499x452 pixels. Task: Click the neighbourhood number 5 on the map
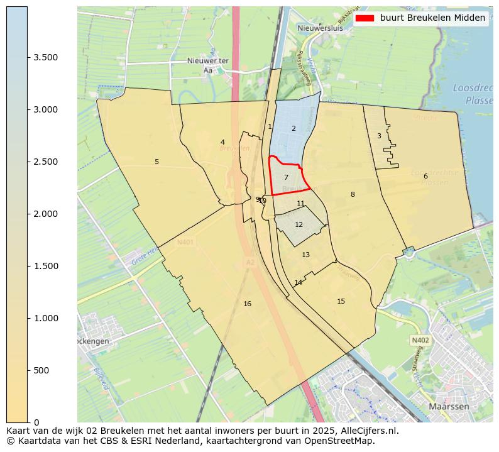point(156,162)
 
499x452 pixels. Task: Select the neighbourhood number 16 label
point(247,304)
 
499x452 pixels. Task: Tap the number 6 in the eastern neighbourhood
point(425,176)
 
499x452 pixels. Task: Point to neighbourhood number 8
point(353,195)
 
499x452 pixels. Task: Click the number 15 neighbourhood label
point(341,302)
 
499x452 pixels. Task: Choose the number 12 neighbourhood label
point(299,224)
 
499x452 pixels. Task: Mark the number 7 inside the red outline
point(286,178)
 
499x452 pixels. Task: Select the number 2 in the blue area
point(293,129)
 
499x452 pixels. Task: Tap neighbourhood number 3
point(379,136)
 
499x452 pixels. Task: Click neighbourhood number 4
point(222,143)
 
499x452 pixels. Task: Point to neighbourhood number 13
point(305,255)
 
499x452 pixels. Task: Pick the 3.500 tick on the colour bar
point(46,58)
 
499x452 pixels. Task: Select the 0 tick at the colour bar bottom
point(36,422)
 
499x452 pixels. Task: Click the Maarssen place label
point(449,407)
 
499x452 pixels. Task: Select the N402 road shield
point(420,341)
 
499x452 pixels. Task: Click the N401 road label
point(185,242)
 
